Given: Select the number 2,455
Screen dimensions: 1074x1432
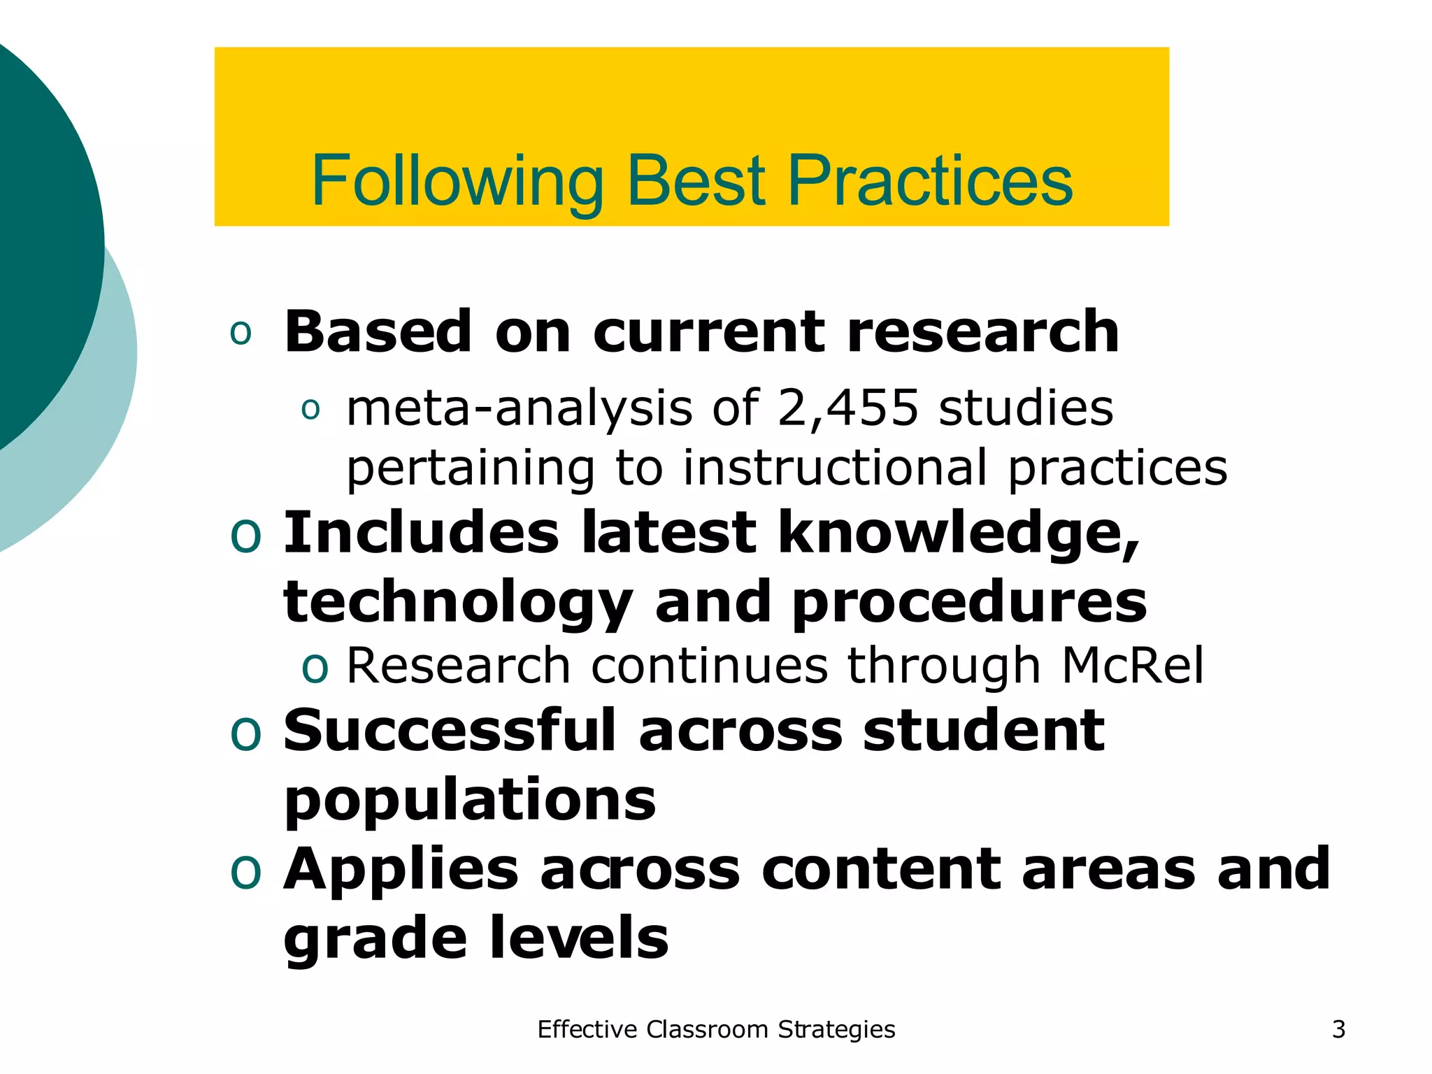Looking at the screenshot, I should (x=847, y=408).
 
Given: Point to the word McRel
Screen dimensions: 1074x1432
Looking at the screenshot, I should (x=1133, y=666).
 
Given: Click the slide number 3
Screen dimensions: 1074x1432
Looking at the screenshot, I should (x=1338, y=1029).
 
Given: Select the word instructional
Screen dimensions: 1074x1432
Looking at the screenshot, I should (x=835, y=468).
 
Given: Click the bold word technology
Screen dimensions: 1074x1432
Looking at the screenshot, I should (x=458, y=603).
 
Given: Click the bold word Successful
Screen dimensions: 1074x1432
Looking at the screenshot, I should (x=450, y=731).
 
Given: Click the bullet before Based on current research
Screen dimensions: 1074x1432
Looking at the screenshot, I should (x=241, y=333).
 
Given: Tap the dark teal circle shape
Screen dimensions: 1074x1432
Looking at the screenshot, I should (x=35, y=238).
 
